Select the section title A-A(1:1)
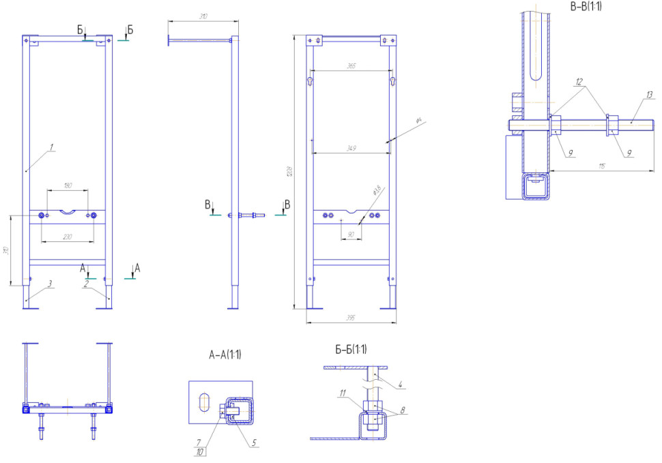point(225,355)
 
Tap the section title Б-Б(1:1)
point(351,350)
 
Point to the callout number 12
point(579,81)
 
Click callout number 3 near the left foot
point(51,284)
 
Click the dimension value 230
point(68,237)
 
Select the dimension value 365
point(351,65)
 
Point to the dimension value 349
point(351,148)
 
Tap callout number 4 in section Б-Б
point(401,386)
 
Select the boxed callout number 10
point(199,451)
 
